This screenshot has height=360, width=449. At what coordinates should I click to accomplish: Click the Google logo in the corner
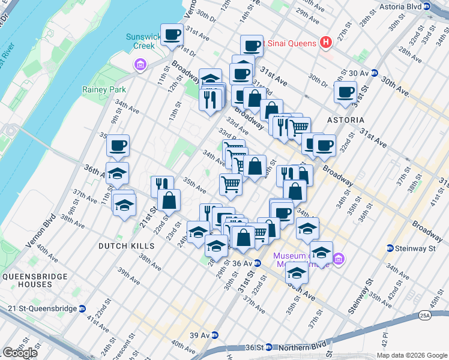20,353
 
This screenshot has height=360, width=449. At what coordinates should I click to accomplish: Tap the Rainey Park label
101,89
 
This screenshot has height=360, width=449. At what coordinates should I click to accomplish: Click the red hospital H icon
326,42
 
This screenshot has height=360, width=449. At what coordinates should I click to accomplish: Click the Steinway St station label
409,248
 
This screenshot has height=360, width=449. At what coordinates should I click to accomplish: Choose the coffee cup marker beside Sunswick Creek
172,35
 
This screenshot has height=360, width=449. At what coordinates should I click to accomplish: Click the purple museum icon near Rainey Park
140,64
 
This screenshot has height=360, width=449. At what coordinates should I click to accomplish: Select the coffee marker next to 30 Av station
346,93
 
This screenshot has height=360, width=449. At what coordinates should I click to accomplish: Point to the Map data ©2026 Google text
411,355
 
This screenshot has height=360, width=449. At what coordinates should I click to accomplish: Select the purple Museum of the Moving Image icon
339,259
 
